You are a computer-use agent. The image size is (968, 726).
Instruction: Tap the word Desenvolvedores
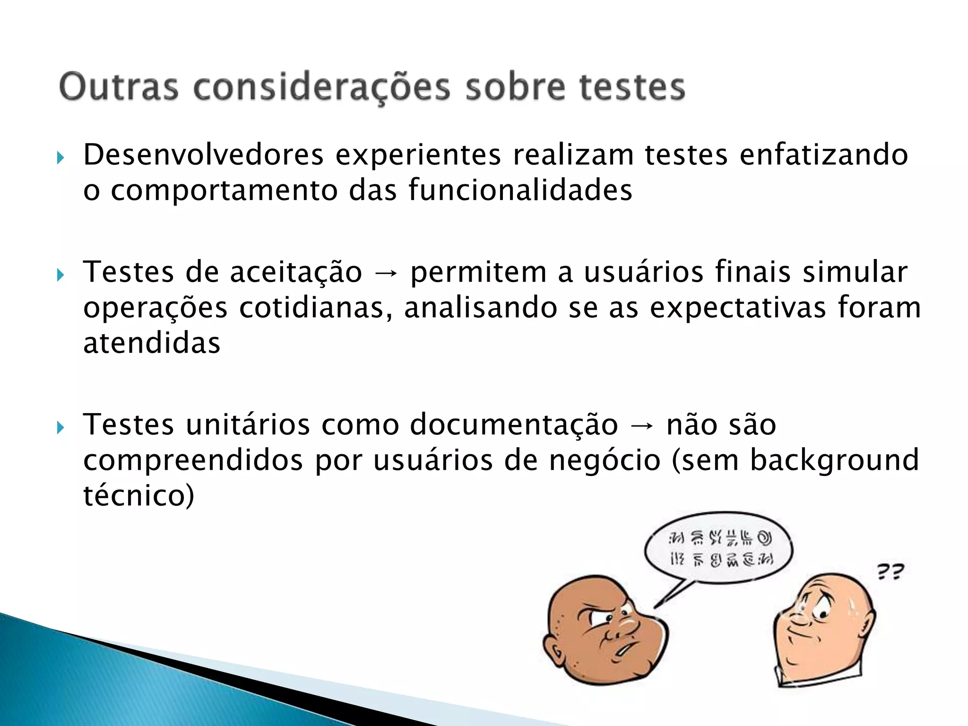pos(203,155)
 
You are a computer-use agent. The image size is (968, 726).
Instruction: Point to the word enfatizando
pos(823,155)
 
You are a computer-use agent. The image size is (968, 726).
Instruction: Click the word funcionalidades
pos(520,190)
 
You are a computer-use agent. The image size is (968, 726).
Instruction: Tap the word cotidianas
pos(316,308)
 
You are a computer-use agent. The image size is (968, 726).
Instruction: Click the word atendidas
pos(152,343)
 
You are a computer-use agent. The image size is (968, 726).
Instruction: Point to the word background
pos(834,460)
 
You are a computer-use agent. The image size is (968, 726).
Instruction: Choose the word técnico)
pos(139,495)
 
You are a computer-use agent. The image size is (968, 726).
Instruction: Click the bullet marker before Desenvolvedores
pos(60,158)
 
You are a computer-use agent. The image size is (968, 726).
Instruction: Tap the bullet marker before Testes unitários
pos(60,428)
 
